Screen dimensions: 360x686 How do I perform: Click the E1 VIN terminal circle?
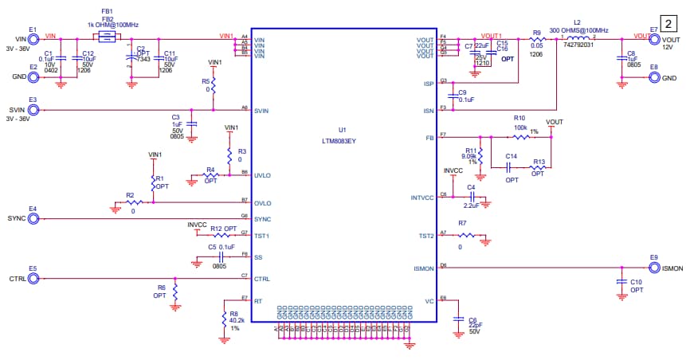33,37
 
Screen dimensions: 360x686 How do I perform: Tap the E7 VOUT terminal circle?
654,37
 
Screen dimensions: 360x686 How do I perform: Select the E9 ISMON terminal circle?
653,268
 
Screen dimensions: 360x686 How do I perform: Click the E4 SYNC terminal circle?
33,217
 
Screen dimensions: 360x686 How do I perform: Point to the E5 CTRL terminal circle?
33,279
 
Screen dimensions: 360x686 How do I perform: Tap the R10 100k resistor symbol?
519,138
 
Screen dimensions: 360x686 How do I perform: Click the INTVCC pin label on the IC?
421,197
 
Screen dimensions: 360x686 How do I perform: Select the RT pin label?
258,301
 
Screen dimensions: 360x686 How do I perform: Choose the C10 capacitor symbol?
621,282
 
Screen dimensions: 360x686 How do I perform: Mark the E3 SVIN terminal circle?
33,109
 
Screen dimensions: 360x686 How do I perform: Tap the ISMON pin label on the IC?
423,268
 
